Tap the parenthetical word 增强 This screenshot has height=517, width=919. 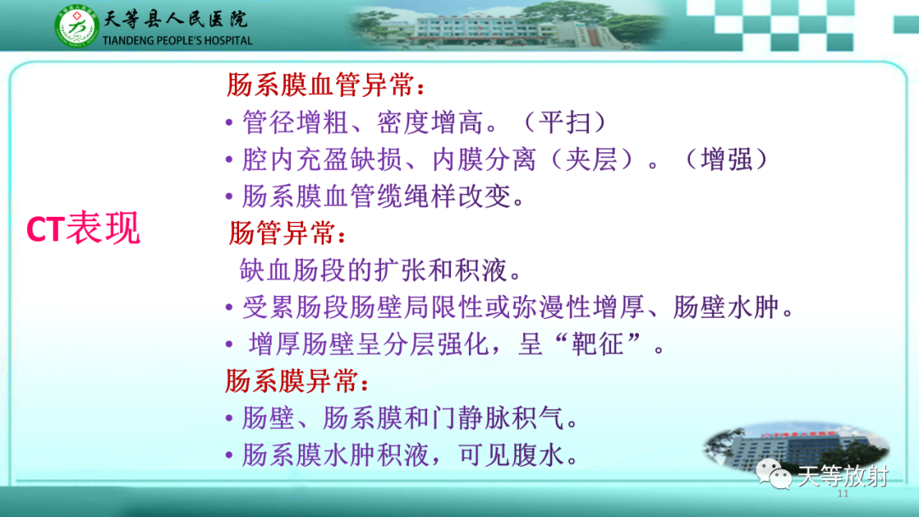[x=729, y=160]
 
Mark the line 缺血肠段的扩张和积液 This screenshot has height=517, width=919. [x=376, y=270]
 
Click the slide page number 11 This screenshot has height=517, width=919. [x=844, y=495]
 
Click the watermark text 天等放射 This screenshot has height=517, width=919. [x=842, y=476]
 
